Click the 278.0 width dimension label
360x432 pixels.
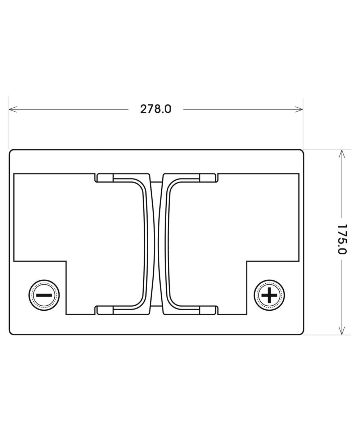pos(156,109)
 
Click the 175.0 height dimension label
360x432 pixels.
pos(342,239)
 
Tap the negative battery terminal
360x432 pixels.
pos(44,295)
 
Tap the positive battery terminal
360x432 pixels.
pos(269,295)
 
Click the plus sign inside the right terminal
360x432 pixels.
pos(269,295)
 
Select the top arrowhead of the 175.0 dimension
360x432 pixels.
pos(342,154)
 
